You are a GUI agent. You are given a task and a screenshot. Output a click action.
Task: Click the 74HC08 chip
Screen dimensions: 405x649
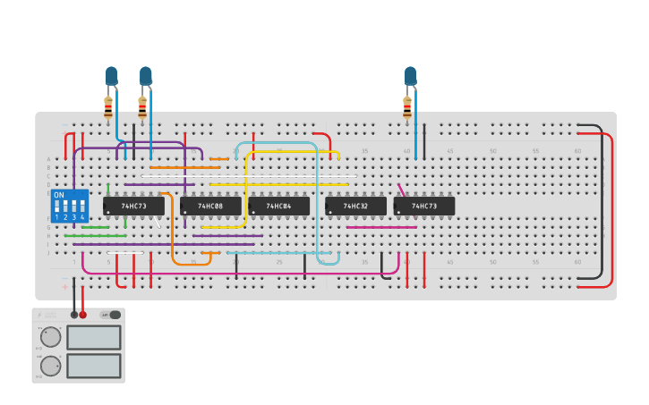(210, 207)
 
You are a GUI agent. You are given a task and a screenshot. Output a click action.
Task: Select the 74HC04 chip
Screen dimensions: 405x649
(279, 207)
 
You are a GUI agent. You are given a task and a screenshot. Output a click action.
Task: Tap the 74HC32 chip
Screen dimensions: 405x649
(355, 207)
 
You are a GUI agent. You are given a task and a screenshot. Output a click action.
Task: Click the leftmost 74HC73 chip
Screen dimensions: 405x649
(134, 207)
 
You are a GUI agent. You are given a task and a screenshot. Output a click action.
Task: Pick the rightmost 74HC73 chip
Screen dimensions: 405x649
(424, 207)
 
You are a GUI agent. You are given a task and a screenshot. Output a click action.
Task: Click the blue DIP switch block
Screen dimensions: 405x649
(70, 206)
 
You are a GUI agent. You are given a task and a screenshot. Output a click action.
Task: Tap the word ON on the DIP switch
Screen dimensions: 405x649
(59, 195)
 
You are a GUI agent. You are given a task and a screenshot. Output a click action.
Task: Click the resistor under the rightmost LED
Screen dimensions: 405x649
(407, 107)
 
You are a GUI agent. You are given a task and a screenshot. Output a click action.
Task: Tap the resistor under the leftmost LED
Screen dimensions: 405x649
(108, 107)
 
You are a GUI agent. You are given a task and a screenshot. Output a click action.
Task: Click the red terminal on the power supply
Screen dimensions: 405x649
(83, 315)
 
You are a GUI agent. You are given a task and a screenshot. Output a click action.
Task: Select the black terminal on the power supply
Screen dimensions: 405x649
(74, 315)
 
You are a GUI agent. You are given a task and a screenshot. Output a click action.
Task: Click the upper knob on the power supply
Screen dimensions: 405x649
(51, 337)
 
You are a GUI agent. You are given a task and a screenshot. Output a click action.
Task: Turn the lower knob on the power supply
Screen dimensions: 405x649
(51, 366)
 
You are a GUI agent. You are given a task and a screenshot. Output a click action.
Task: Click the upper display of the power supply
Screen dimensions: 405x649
(93, 337)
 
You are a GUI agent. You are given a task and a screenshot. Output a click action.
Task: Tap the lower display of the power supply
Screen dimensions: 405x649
(93, 366)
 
